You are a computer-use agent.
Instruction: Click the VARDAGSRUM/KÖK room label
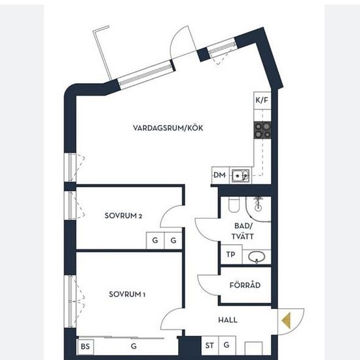(168, 128)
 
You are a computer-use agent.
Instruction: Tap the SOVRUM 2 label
(123, 215)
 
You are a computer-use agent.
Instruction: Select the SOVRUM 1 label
(127, 294)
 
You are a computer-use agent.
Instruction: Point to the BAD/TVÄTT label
(243, 231)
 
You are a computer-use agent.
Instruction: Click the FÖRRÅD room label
(245, 285)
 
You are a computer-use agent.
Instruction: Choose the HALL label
(228, 320)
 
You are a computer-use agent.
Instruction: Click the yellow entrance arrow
(286, 321)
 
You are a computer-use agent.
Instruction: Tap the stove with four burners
(262, 130)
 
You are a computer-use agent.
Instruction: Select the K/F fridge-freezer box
(262, 101)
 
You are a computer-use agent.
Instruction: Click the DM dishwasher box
(220, 175)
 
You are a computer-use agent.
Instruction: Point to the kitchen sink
(240, 176)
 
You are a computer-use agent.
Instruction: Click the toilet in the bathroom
(234, 205)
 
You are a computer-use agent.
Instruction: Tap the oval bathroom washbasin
(257, 257)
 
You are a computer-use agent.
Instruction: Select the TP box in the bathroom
(231, 255)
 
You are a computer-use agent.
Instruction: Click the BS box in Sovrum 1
(85, 347)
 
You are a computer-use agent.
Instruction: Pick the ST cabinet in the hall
(210, 346)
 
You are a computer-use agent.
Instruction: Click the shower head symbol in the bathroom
(259, 204)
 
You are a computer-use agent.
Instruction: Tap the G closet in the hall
(227, 346)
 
